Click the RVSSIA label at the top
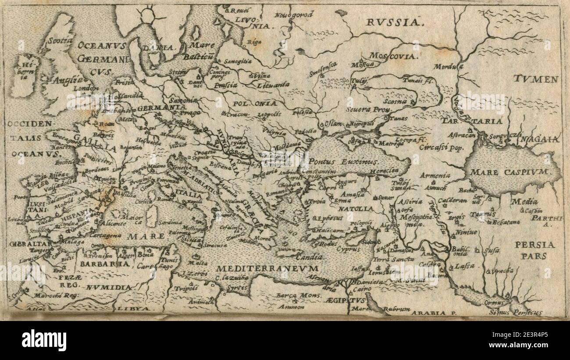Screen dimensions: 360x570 tap(393, 21)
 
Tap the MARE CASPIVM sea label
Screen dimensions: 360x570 tap(509, 172)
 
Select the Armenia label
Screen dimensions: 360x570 tap(435, 175)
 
